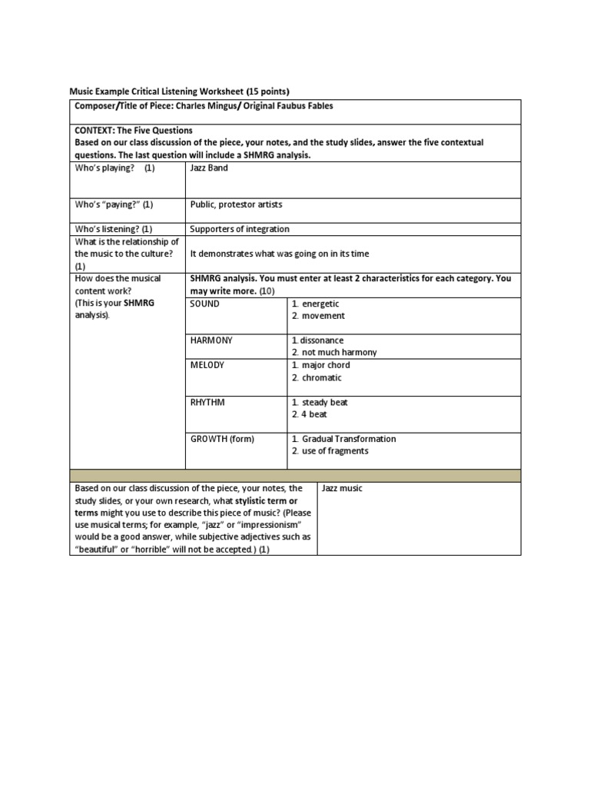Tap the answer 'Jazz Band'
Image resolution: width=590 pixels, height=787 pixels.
pos(209,168)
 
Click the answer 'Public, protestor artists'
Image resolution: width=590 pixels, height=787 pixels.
pos(237,204)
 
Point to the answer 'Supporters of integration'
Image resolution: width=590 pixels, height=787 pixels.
pos(240,229)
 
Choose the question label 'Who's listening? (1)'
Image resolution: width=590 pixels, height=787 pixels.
pos(114,229)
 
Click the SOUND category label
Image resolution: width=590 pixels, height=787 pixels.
pos(205,304)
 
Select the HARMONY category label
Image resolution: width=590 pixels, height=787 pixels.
pos(212,340)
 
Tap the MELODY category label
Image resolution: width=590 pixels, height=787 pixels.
pos(207,365)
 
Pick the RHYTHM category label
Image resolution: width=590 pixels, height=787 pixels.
pos(207,402)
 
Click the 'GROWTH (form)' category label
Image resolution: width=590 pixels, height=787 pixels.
pos(222,439)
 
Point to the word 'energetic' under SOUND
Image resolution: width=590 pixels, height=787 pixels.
pos(320,304)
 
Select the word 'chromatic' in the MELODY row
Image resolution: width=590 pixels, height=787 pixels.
pos(322,377)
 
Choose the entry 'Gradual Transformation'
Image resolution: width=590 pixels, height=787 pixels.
pos(349,439)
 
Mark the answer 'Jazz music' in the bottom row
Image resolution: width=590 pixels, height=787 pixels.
pos(342,488)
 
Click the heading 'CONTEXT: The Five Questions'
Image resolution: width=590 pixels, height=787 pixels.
pos(134,131)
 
